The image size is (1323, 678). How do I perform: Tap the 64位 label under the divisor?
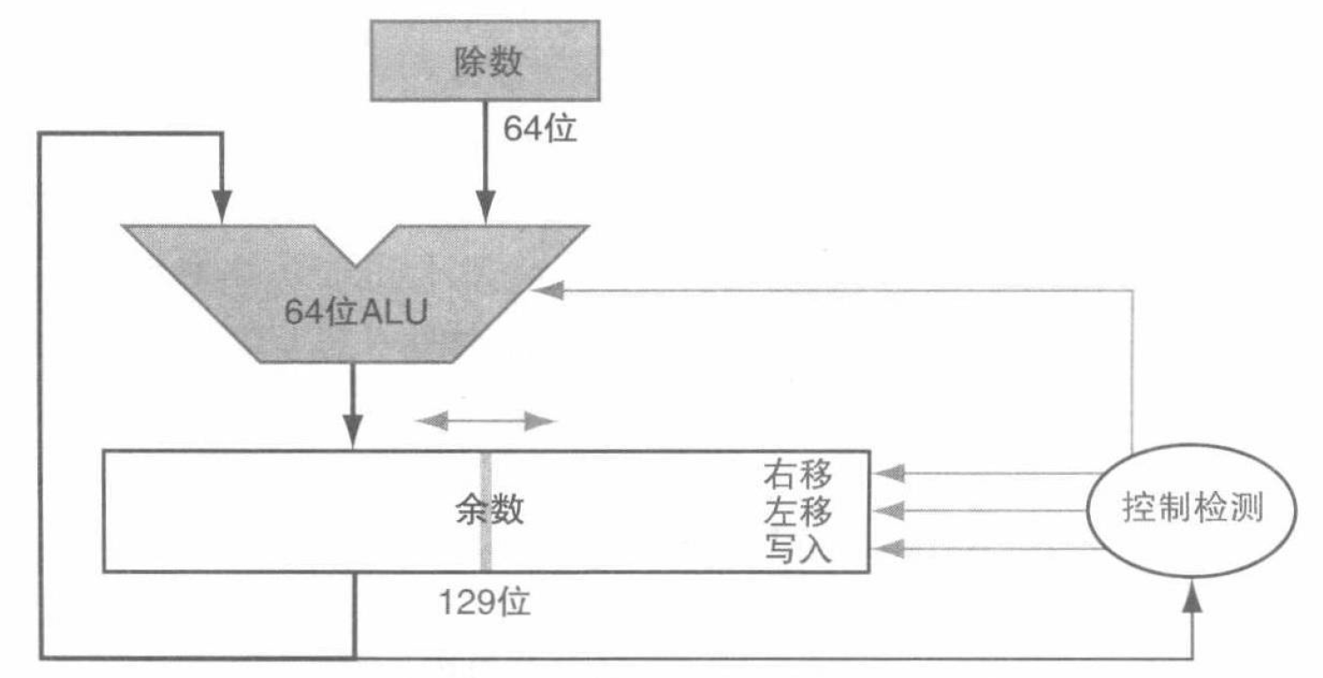point(539,130)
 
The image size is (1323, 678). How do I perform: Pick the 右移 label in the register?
point(797,474)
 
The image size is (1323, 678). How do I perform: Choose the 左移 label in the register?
point(797,511)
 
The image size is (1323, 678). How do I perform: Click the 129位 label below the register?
point(485,603)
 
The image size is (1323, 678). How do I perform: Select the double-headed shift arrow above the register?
point(486,421)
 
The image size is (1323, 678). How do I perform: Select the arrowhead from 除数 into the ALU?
point(484,211)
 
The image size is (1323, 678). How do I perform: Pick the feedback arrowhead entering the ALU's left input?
point(222,211)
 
